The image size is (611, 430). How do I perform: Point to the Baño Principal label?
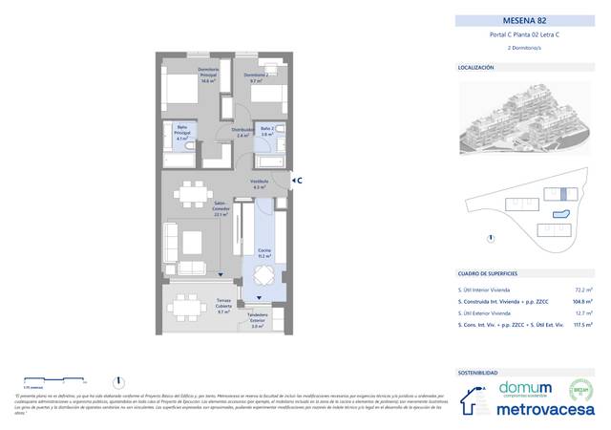[181, 135]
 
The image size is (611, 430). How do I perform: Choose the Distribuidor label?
[243, 133]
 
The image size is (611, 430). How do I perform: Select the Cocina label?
[263, 253]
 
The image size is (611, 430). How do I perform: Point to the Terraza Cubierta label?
[223, 308]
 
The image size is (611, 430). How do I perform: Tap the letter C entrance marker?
[299, 179]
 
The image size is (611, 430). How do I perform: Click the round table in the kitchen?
[263, 278]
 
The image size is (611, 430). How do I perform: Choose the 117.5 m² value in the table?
[579, 325]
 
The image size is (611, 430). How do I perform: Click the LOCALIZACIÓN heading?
[475, 68]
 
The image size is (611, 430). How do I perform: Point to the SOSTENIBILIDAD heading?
[477, 373]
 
